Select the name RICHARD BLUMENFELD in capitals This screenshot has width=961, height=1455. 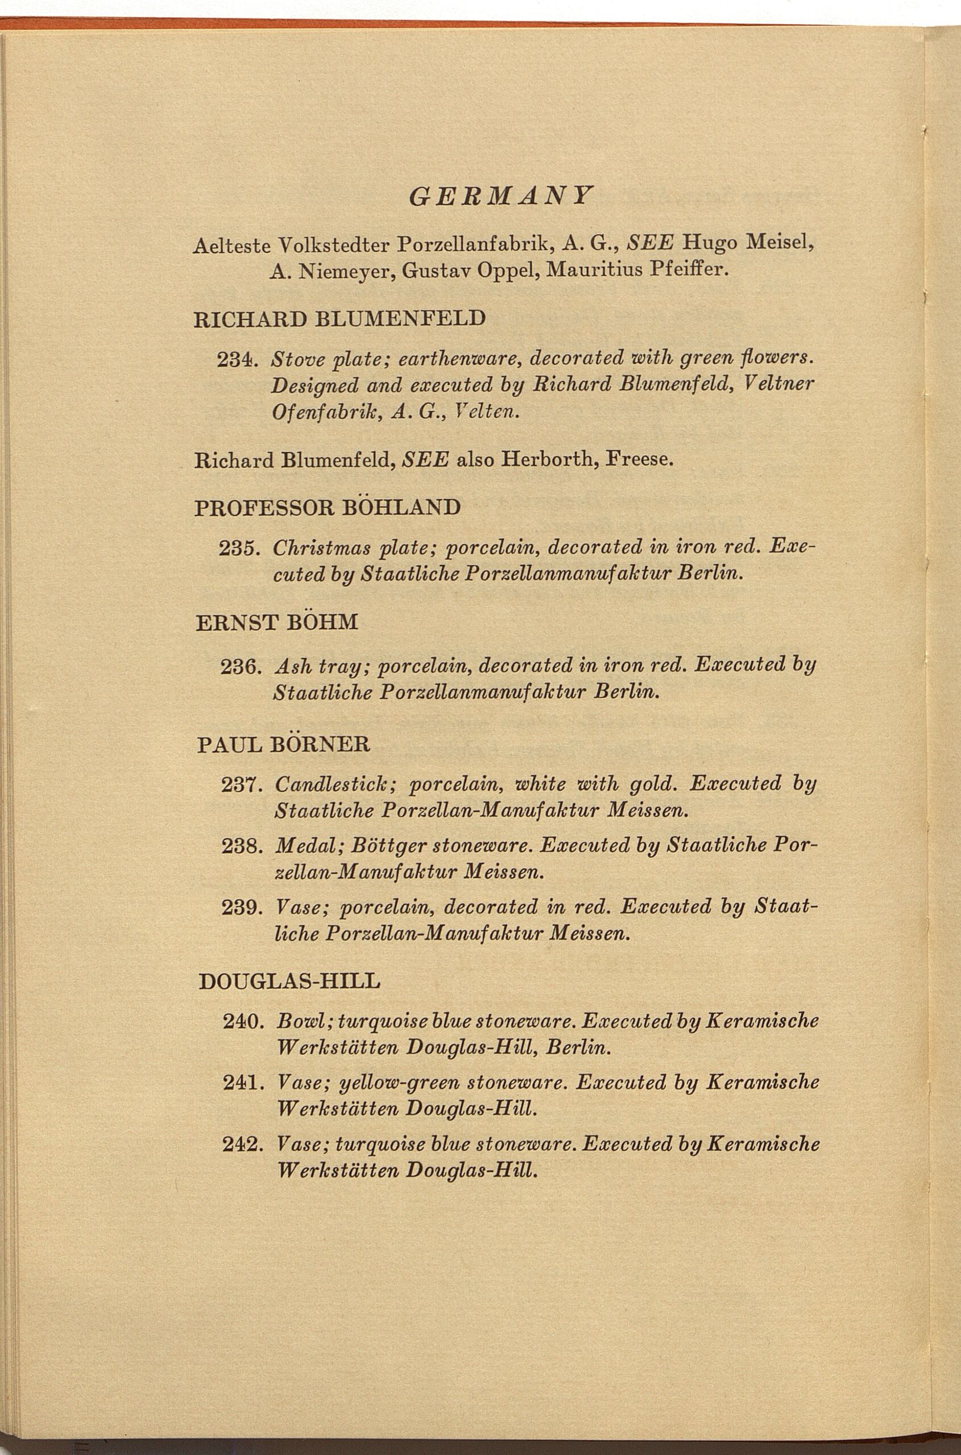339,319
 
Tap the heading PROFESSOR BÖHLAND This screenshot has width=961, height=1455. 328,508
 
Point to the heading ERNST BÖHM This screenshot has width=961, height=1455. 276,623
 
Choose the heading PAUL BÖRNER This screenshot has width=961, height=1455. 284,745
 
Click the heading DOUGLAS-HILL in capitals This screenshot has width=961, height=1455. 290,982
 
